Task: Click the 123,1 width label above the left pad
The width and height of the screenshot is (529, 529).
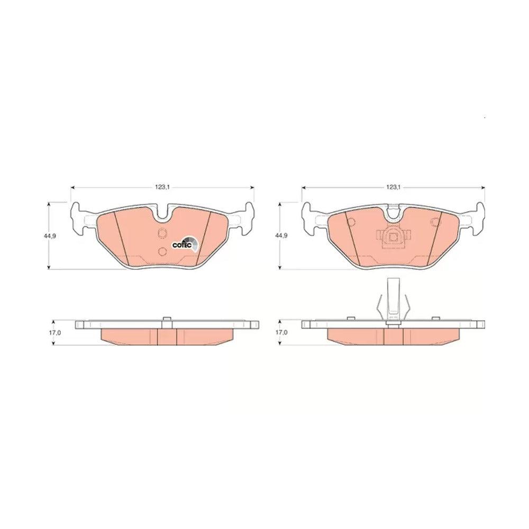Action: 162,188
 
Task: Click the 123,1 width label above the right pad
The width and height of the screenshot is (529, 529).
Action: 393,188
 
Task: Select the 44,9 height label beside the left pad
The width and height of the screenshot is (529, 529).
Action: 49,236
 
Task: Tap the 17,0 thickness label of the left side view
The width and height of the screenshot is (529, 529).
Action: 55,333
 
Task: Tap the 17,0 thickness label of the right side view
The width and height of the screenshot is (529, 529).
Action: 281,332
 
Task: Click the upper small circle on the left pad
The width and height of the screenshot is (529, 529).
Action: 162,233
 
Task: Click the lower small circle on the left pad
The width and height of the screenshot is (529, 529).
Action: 162,251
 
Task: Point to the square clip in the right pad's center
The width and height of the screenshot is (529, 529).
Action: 393,238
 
